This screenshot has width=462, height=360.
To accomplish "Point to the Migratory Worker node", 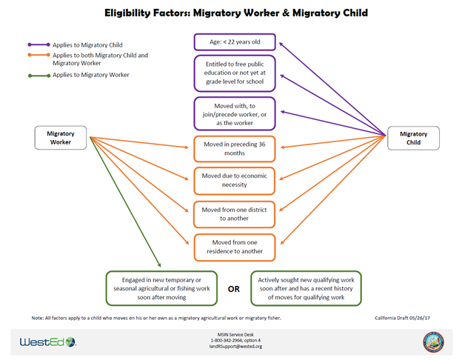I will [61, 137].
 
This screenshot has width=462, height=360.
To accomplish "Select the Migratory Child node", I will [413, 138].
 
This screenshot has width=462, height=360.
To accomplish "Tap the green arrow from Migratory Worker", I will [126, 204].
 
